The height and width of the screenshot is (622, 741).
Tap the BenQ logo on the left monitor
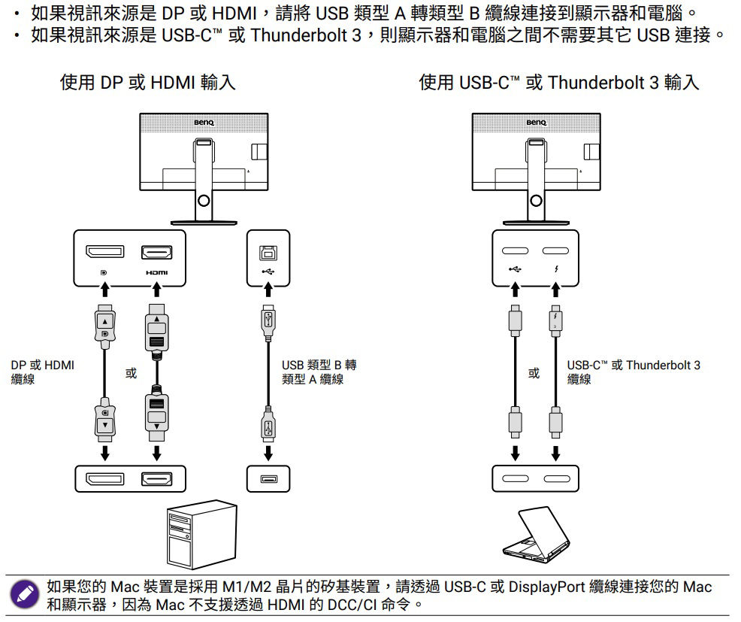pos(204,123)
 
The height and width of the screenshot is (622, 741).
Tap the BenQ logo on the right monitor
pos(536,123)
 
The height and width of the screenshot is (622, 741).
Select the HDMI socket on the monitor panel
pos(157,253)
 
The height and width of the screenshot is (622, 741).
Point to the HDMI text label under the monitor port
pos(157,272)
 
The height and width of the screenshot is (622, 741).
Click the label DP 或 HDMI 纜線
pos(42,372)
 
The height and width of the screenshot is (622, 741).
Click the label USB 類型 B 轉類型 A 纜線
pos(319,372)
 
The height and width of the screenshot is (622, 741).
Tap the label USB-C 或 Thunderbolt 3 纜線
pos(633,372)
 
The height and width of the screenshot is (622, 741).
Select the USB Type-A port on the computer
pos(268,479)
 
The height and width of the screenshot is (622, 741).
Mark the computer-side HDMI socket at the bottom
pos(157,479)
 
